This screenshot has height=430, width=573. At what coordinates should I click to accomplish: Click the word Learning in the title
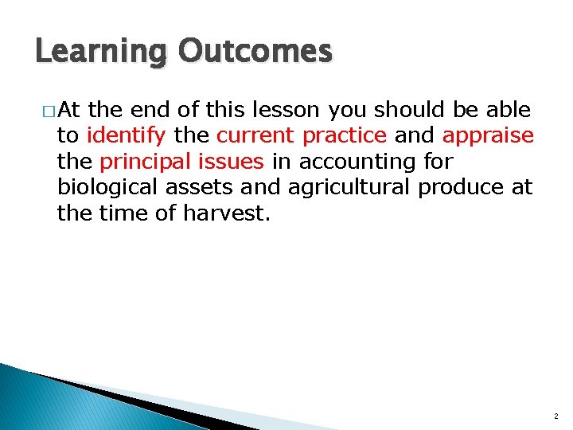[x=101, y=53]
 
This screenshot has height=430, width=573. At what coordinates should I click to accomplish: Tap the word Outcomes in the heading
[x=255, y=51]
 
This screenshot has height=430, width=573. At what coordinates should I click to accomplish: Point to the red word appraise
[x=488, y=135]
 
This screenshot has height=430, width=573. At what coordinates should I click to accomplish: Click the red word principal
[x=139, y=162]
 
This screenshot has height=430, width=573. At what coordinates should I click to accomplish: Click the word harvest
[x=236, y=213]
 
